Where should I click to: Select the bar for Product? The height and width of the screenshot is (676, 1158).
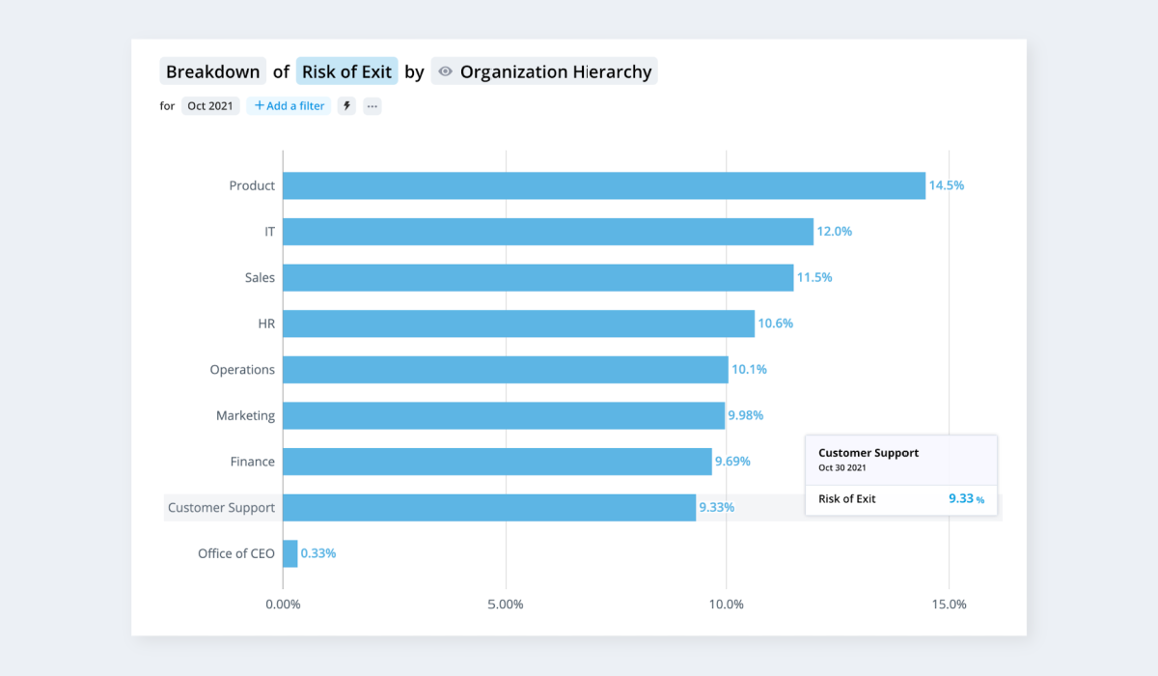pyautogui.click(x=604, y=185)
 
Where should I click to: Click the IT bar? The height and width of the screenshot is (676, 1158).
pyautogui.click(x=548, y=232)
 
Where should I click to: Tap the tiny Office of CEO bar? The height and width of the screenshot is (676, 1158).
pyautogui.click(x=290, y=553)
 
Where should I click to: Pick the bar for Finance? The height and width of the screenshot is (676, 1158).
pyautogui.click(x=497, y=462)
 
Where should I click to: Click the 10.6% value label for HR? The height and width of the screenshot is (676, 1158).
pyautogui.click(x=776, y=324)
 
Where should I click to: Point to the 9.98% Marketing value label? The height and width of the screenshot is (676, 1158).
pyautogui.click(x=745, y=415)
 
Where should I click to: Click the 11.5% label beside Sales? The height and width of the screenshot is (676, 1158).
pyautogui.click(x=814, y=277)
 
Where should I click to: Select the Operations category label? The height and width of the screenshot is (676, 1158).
pyautogui.click(x=242, y=370)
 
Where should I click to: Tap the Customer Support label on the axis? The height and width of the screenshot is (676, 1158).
pyautogui.click(x=221, y=507)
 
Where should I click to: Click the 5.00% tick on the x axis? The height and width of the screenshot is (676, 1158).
pyautogui.click(x=506, y=605)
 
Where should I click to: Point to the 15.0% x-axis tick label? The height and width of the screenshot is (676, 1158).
pyautogui.click(x=950, y=605)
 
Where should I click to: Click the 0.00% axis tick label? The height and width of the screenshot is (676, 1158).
pyautogui.click(x=283, y=605)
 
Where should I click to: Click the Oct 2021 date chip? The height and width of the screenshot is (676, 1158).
pyautogui.click(x=210, y=106)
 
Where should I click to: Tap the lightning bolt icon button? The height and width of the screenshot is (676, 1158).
pyautogui.click(x=346, y=106)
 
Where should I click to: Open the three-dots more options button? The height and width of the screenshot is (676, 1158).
pyautogui.click(x=372, y=106)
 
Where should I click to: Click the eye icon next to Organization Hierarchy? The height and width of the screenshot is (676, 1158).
pyautogui.click(x=445, y=71)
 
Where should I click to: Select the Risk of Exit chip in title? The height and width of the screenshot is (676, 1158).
pyautogui.click(x=346, y=71)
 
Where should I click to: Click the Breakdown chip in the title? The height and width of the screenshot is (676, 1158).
pyautogui.click(x=213, y=71)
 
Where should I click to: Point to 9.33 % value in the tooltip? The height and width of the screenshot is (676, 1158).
pyautogui.click(x=966, y=498)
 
